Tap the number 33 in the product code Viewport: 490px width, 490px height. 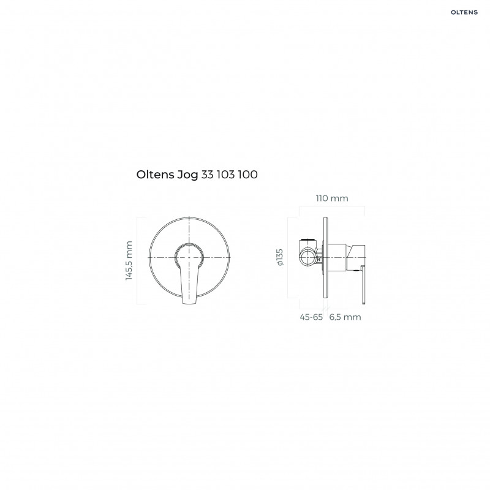(207, 175)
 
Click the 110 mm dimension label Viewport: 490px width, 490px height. (331, 198)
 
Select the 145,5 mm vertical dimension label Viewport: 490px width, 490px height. (129, 260)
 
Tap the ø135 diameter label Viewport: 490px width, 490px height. (279, 257)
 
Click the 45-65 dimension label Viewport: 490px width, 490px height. (312, 317)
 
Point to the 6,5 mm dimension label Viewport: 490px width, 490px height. (345, 317)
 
